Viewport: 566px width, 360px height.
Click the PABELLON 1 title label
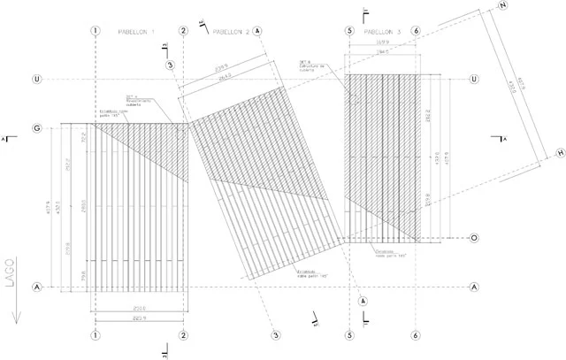pos(136,32)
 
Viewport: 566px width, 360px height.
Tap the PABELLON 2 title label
pos(230,31)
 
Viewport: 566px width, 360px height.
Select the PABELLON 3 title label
pos(382,32)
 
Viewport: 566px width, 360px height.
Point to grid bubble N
pos(503,7)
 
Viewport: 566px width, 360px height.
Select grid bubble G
pos(37,129)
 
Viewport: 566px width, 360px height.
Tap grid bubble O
pos(474,238)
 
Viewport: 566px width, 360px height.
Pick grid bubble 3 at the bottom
pos(275,336)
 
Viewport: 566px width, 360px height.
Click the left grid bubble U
pos(37,80)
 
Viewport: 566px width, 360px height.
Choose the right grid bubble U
pos(474,80)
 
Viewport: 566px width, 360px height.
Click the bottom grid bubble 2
pos(183,336)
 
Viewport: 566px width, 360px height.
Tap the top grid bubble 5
pos(349,31)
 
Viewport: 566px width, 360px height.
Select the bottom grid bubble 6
pos(415,336)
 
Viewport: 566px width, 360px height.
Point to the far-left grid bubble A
pos(37,287)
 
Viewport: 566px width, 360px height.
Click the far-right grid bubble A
pos(474,287)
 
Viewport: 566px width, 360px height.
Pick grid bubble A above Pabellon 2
pos(257,31)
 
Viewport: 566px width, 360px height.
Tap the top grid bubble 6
pos(415,31)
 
